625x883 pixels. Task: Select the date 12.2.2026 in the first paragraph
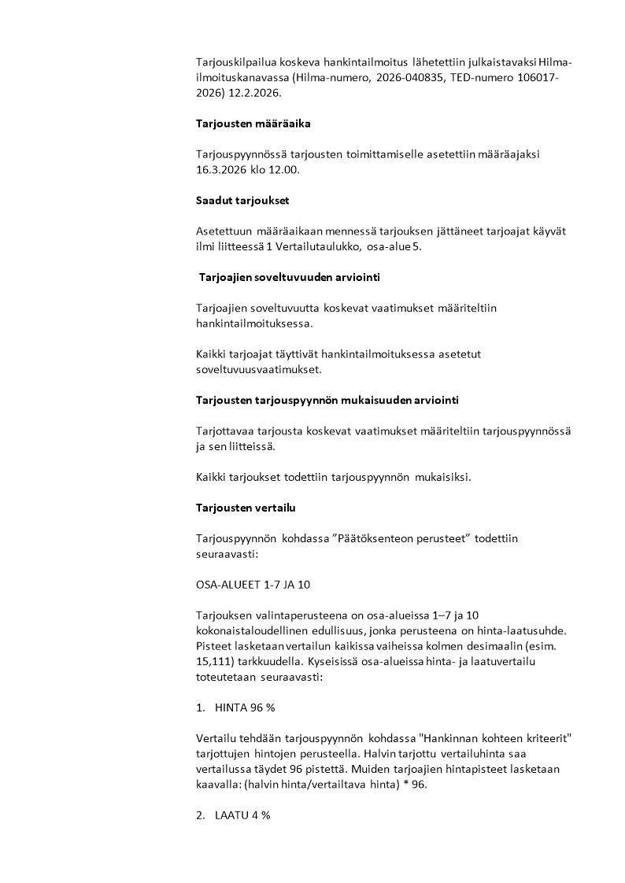coord(255,92)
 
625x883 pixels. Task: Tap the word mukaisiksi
coord(442,476)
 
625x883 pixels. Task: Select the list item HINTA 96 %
coord(245,708)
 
